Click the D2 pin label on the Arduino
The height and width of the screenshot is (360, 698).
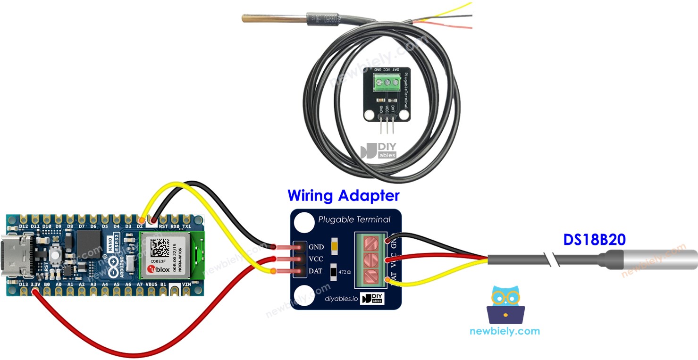(x=140, y=226)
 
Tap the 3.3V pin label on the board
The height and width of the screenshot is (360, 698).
(x=35, y=285)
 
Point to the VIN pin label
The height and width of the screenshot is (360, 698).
(x=186, y=285)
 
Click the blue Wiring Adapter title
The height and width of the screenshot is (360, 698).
(x=344, y=195)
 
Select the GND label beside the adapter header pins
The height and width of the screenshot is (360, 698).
(x=316, y=247)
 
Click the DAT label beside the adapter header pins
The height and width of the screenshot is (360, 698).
(x=316, y=271)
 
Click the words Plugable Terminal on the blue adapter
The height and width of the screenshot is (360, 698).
(x=354, y=219)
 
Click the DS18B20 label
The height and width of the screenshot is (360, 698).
(x=594, y=240)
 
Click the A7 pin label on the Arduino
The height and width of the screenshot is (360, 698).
(x=140, y=285)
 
